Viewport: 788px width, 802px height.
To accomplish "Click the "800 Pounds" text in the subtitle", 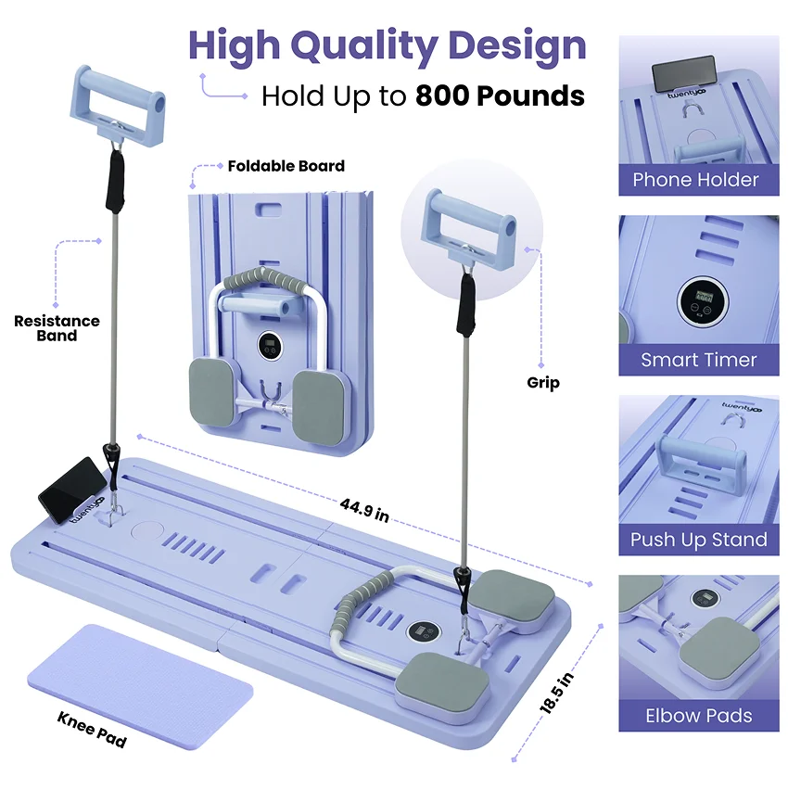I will [x=500, y=95].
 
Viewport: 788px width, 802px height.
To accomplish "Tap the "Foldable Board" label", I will [x=286, y=167].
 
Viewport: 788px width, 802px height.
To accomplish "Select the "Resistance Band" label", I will [x=57, y=328].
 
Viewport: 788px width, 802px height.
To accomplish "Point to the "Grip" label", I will [x=543, y=382].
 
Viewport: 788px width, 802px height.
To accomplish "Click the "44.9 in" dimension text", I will [x=363, y=510].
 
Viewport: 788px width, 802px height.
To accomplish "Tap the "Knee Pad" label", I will [x=92, y=730].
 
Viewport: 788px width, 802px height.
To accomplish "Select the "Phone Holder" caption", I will [x=695, y=180].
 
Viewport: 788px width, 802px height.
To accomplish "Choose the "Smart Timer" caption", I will [x=699, y=360].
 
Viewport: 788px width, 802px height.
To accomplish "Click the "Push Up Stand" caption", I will [x=699, y=540].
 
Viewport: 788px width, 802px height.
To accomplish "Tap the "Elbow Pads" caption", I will [x=699, y=716].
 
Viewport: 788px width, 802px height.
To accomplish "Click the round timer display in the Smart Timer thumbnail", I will [x=702, y=302].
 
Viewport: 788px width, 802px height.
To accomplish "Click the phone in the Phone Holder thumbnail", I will [x=684, y=73].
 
